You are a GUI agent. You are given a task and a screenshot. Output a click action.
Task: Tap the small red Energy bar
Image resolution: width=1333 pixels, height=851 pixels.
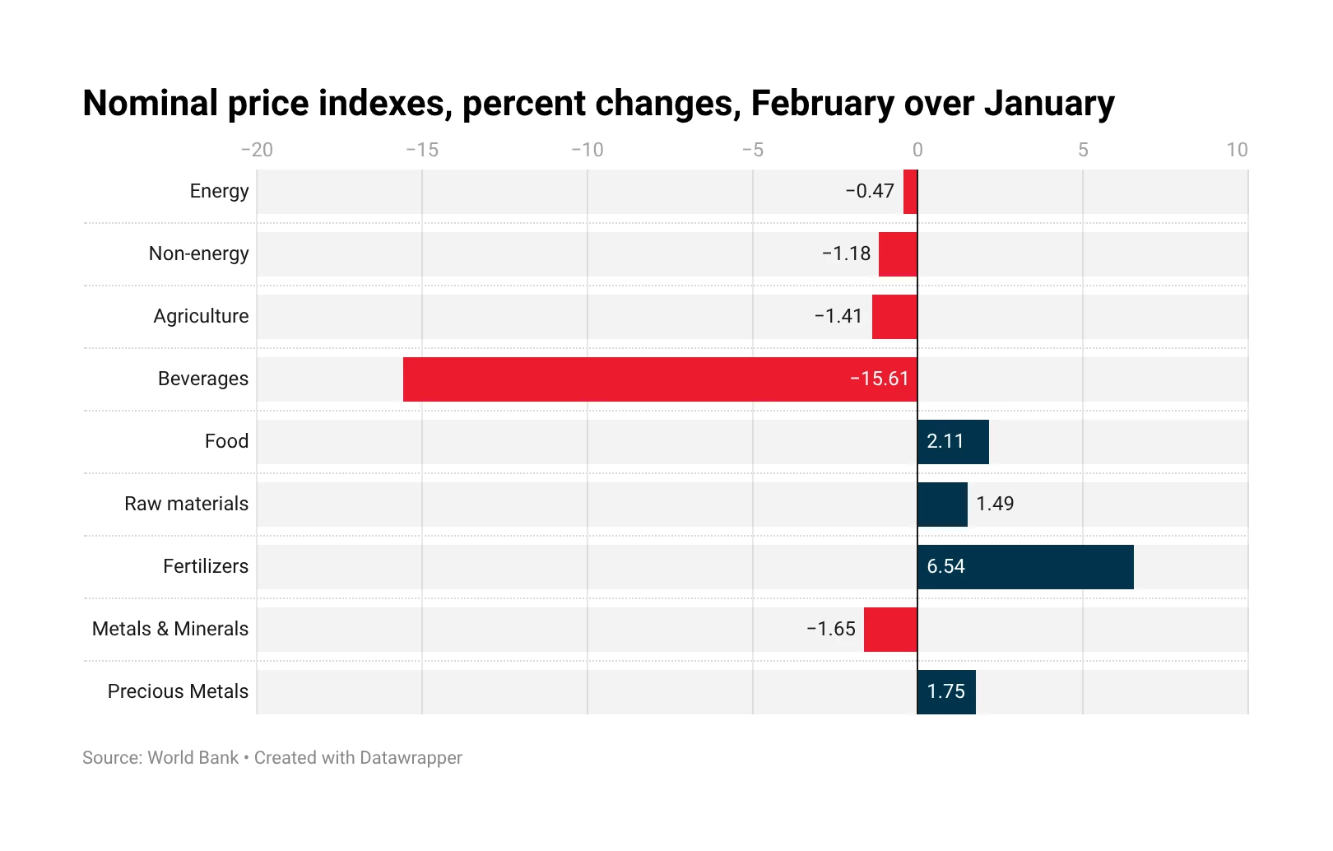click(x=910, y=192)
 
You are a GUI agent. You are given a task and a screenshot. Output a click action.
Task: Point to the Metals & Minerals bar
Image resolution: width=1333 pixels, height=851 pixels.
click(x=890, y=630)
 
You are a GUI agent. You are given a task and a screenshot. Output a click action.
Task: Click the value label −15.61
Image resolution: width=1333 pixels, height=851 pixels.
click(x=879, y=379)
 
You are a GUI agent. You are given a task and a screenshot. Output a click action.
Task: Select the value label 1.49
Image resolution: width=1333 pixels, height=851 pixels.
click(x=994, y=504)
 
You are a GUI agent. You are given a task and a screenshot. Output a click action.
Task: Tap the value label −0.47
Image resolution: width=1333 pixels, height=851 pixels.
click(x=869, y=191)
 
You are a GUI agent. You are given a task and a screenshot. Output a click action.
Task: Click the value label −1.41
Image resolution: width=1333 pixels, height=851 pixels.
click(x=838, y=316)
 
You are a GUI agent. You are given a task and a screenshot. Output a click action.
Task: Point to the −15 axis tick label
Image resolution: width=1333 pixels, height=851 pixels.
click(x=422, y=150)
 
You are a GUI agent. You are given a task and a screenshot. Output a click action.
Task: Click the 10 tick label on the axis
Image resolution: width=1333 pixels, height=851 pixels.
click(x=1237, y=150)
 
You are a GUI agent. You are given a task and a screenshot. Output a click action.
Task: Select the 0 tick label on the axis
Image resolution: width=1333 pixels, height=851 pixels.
click(x=917, y=150)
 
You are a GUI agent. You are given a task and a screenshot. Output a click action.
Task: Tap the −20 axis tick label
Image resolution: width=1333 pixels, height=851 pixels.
click(x=257, y=150)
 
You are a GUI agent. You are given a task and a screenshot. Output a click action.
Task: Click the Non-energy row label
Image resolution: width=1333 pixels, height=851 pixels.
click(x=198, y=253)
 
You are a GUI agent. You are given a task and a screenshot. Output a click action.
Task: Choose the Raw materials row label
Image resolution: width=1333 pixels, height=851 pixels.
click(x=186, y=504)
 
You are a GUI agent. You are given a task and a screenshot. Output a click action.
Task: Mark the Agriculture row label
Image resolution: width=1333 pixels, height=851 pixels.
click(x=201, y=316)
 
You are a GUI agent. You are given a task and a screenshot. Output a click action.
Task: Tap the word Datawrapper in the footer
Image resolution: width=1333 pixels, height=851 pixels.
click(x=411, y=758)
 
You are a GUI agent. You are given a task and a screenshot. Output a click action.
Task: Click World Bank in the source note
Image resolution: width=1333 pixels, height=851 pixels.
click(x=193, y=758)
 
